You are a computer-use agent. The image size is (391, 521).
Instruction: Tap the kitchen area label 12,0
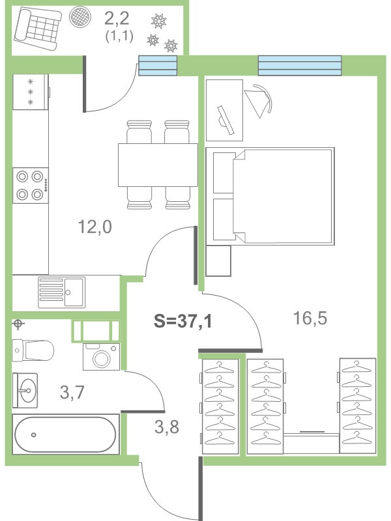(95, 227)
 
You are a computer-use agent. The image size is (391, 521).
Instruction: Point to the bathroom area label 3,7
(72, 392)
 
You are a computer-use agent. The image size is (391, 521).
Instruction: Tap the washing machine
(100, 357)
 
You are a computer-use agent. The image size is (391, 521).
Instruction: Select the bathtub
(65, 434)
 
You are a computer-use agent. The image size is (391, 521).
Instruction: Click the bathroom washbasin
(26, 391)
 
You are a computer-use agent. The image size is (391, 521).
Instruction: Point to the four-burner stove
(31, 186)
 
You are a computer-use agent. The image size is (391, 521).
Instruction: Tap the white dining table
(157, 165)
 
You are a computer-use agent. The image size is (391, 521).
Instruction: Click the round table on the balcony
(80, 17)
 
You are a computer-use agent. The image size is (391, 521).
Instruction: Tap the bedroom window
(300, 65)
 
